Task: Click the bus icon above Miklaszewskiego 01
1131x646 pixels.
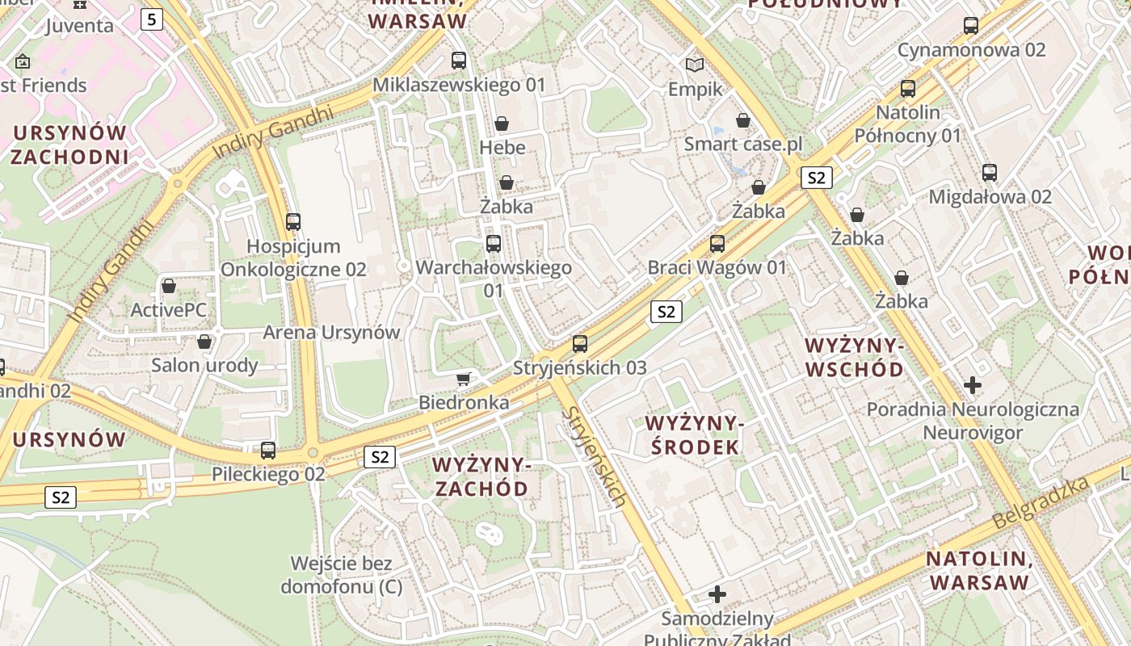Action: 459,60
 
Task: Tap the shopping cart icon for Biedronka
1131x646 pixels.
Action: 464,379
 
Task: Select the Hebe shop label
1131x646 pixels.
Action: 502,148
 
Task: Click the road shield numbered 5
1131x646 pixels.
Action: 152,19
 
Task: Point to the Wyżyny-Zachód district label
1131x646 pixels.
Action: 481,476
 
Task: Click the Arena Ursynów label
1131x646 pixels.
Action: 331,333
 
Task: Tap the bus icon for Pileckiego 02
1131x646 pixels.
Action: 268,451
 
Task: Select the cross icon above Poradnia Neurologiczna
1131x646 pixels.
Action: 973,385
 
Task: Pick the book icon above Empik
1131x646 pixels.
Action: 695,65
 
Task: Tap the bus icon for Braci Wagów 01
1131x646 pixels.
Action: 717,243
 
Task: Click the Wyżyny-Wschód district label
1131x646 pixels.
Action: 855,358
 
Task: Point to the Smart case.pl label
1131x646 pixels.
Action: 743,145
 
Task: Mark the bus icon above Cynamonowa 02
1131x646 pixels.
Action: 971,25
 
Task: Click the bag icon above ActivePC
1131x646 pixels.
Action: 169,286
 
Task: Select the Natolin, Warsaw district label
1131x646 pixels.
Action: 979,570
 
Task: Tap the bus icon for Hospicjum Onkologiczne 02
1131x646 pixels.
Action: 293,222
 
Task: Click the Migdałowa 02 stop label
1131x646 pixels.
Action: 990,197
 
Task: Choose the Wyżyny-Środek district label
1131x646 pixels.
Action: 693,435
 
